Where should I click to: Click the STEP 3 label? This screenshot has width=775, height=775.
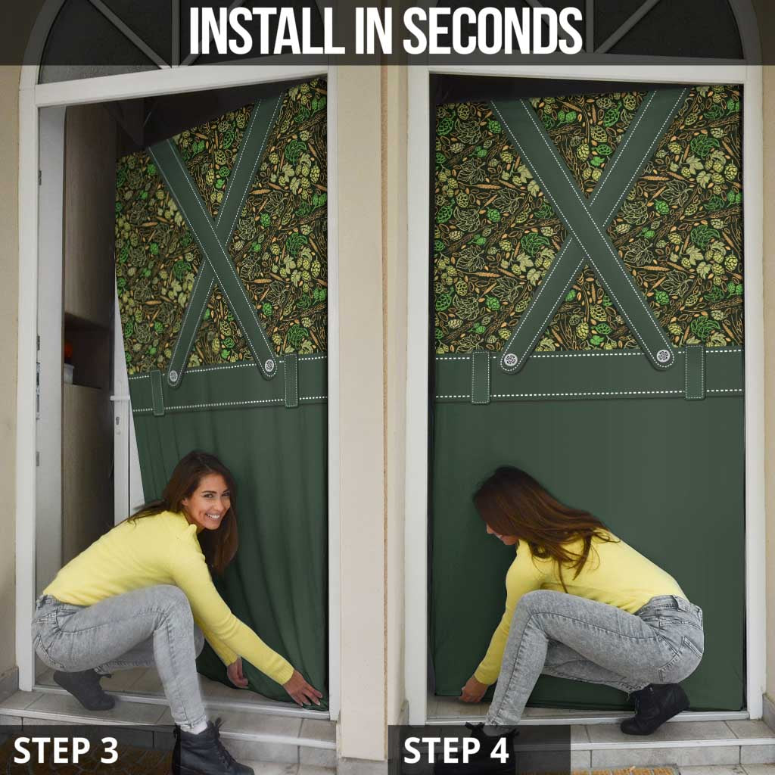(66, 750)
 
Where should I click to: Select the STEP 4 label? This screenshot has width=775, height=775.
(456, 750)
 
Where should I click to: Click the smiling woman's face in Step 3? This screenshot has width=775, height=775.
(205, 500)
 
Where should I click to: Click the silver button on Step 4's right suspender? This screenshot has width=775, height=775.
(664, 356)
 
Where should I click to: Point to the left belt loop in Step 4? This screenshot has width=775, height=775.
(480, 377)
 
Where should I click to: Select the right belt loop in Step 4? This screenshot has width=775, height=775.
(695, 372)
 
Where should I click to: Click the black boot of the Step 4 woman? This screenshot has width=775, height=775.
(654, 708)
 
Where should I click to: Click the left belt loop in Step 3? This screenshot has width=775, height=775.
(157, 392)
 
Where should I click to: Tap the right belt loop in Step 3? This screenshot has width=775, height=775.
(291, 380)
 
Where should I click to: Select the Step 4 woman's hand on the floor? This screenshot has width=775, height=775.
(472, 690)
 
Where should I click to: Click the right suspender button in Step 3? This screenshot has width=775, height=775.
(269, 366)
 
